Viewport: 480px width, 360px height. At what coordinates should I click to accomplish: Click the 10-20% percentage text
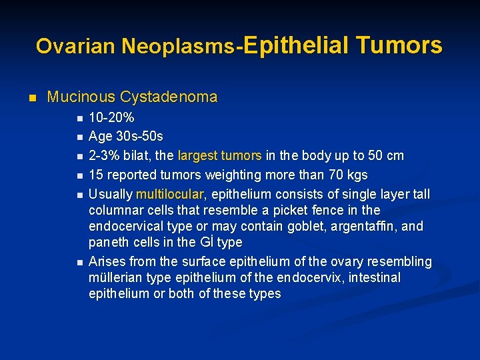[111, 118]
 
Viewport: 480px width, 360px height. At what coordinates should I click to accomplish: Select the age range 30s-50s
[139, 137]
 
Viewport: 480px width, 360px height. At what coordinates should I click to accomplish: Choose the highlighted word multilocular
[171, 194]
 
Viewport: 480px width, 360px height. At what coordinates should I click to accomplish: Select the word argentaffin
[366, 226]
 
